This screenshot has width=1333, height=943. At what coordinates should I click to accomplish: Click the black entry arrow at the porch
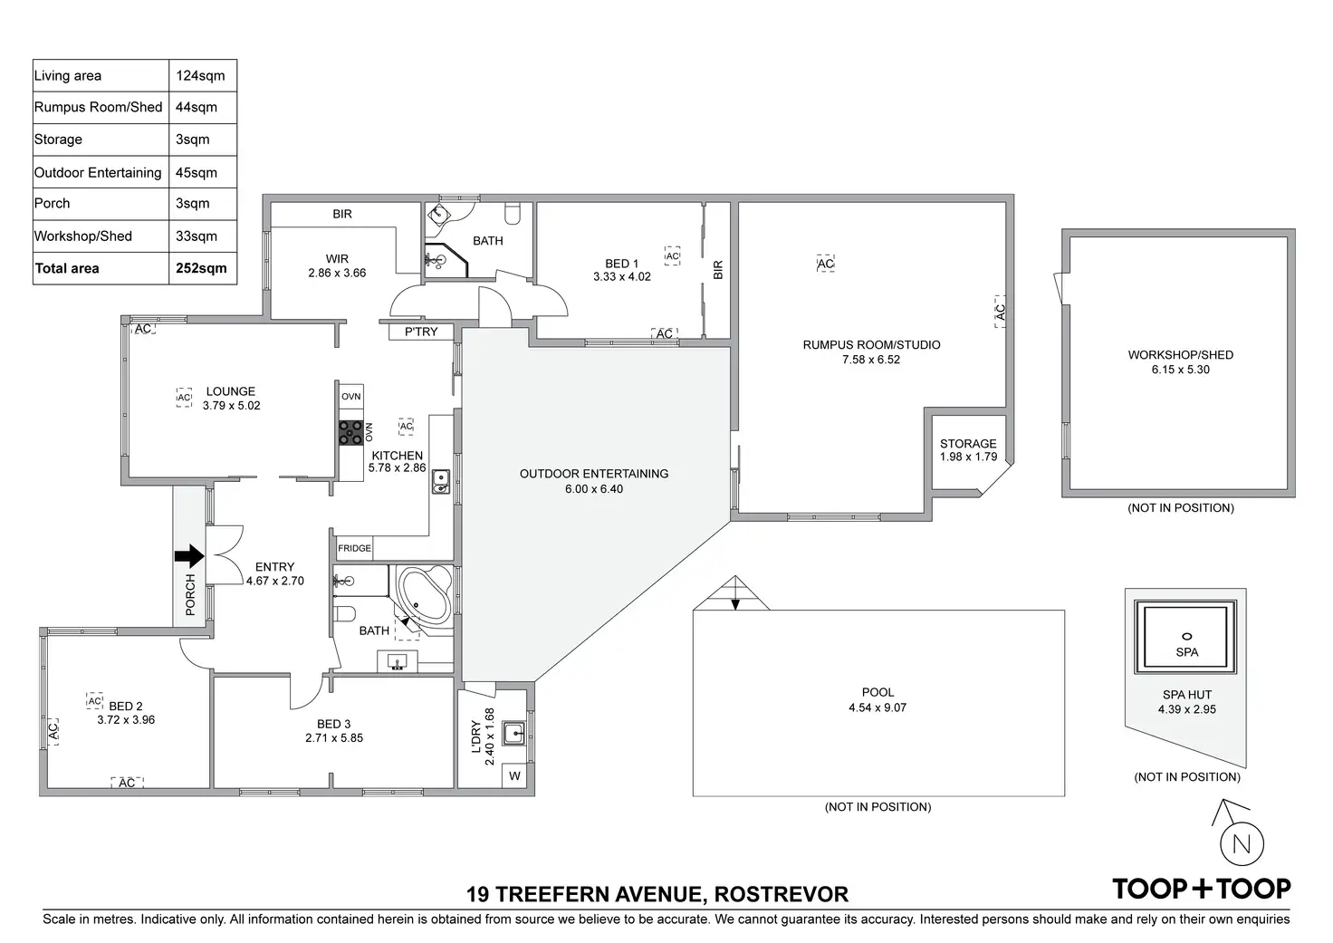point(189,556)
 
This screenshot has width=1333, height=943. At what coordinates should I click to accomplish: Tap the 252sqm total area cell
point(201,268)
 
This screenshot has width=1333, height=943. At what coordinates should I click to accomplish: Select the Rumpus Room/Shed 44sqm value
point(197,107)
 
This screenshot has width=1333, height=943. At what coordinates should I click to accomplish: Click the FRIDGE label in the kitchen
point(354,548)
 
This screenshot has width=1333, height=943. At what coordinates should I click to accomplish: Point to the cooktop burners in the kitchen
point(350,433)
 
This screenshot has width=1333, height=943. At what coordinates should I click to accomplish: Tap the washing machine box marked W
point(514,775)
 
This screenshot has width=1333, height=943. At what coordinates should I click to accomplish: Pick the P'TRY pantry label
point(421,332)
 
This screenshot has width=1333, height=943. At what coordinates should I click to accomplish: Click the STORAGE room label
point(968,444)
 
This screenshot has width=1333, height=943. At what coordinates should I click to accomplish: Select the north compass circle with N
point(1242,844)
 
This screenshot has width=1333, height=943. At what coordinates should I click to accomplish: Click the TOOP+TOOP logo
point(1201,889)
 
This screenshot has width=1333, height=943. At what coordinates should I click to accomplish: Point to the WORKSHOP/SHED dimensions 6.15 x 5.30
point(1180,370)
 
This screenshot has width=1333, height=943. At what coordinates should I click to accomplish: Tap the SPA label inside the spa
point(1186,652)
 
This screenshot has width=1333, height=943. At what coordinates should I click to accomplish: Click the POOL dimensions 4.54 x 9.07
point(877,707)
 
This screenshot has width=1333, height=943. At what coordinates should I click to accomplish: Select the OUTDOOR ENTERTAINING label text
point(594,474)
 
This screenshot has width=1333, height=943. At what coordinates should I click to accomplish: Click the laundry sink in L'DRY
point(514,732)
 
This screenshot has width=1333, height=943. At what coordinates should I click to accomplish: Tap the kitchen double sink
point(440,481)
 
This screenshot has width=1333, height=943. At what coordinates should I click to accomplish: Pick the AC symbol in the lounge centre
point(184,398)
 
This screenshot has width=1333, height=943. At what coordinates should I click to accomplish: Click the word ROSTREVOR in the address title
point(782,895)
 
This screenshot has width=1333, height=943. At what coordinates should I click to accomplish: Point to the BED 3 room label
point(334,724)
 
